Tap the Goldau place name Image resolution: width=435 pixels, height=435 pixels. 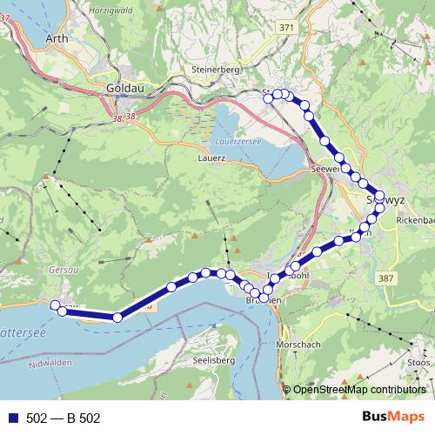coord(121,88)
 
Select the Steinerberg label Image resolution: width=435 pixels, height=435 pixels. coord(212,70)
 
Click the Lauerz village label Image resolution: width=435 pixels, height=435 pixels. coord(211,158)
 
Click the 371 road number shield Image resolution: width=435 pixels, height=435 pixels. coord(287,29)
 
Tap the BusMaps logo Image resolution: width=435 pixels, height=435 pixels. coord(392,418)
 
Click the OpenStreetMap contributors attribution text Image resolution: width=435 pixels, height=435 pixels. coord(358,390)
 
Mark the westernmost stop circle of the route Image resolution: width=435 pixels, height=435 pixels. coord(56,304)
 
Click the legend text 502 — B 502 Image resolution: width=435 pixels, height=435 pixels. coord(64,418)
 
